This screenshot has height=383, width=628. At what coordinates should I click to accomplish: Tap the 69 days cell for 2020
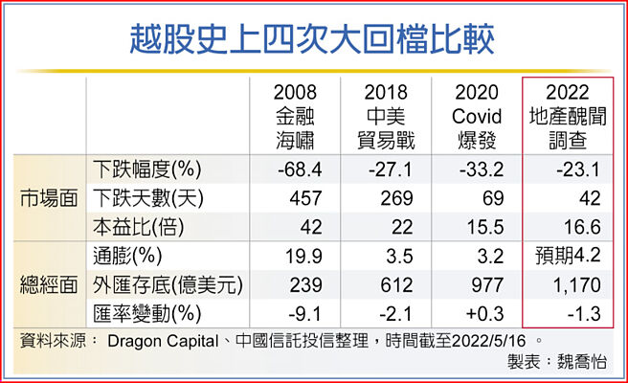481,198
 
